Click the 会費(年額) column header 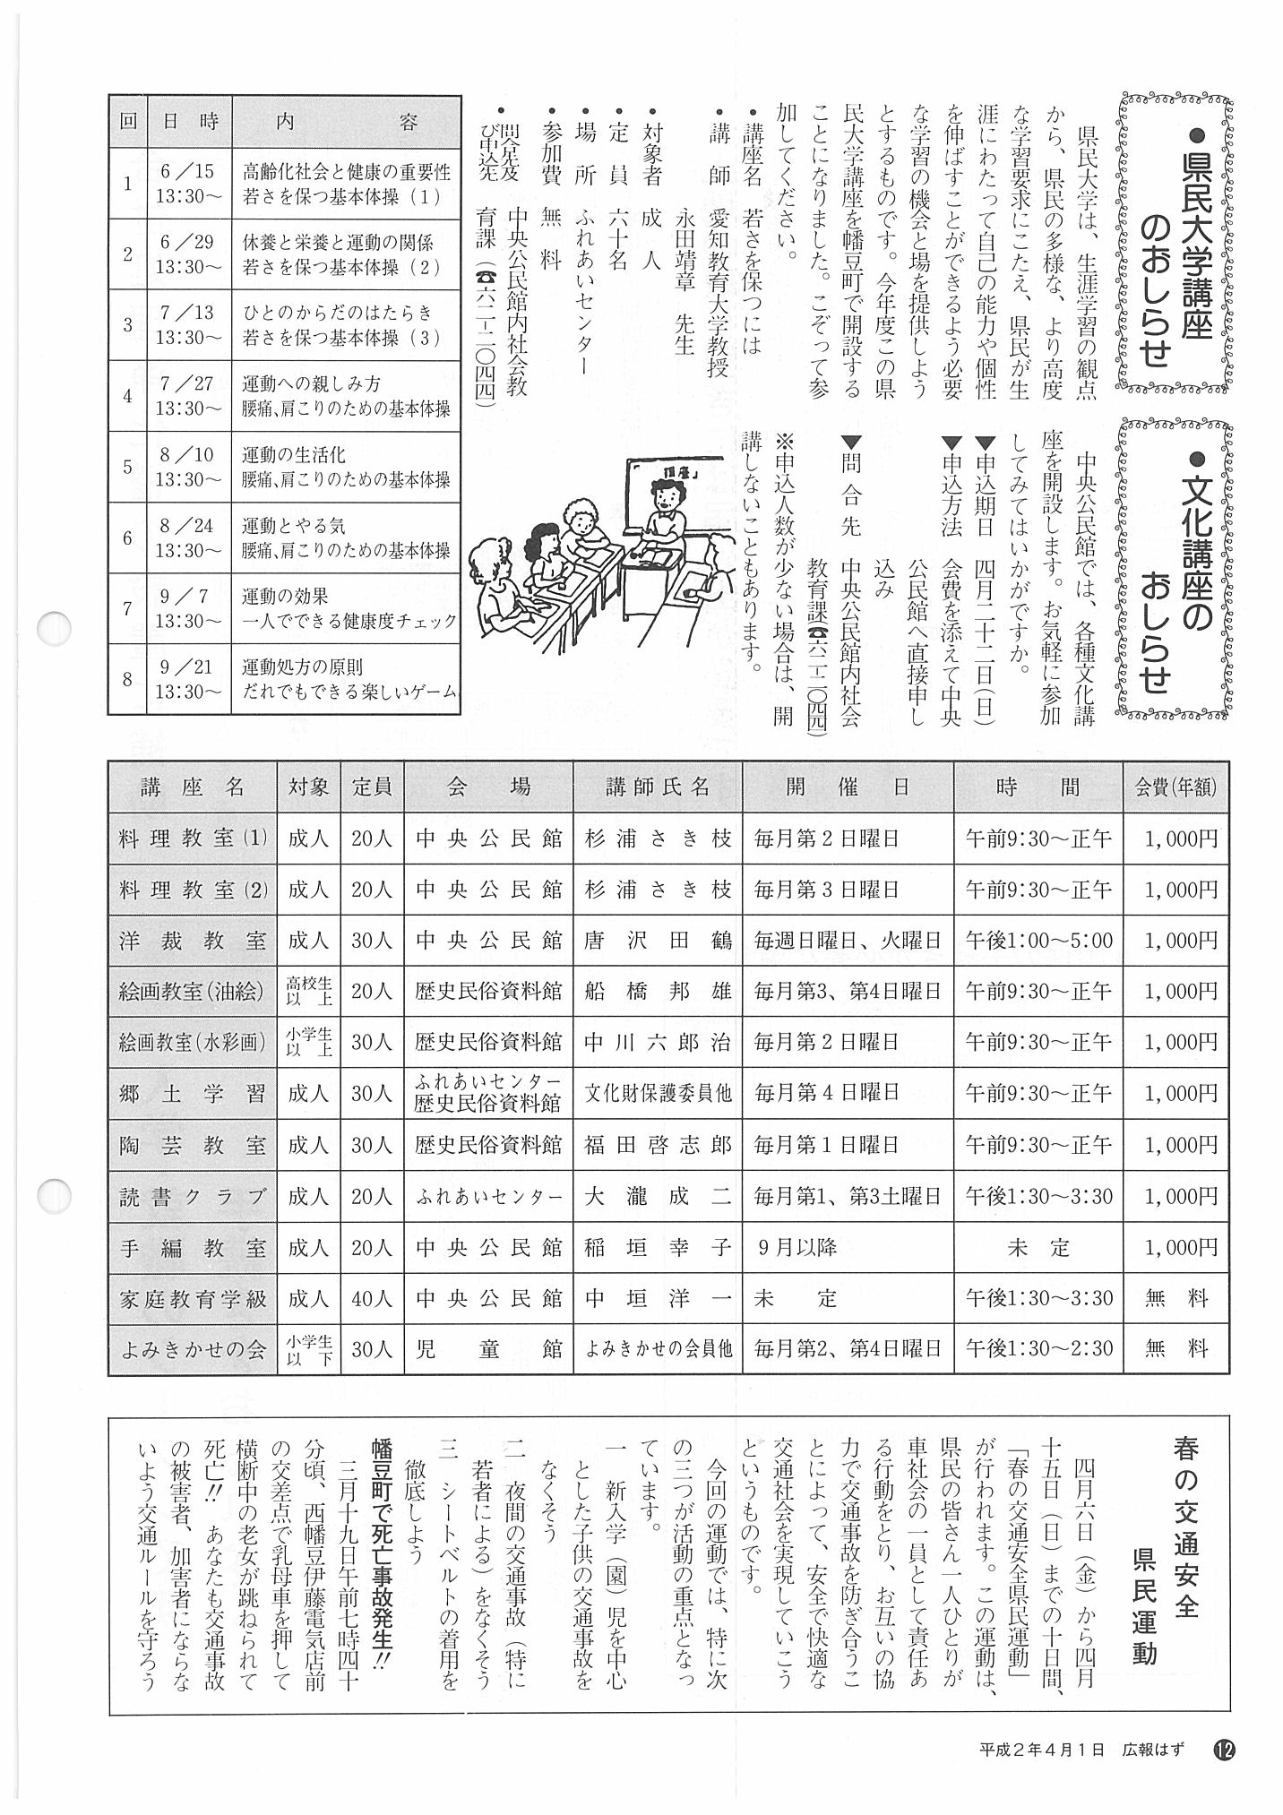[1175, 787]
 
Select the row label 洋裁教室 [193, 941]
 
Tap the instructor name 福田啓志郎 [658, 1145]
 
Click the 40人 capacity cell [371, 1298]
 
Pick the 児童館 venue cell [488, 1349]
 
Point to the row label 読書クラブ [193, 1196]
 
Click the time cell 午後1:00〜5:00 [1038, 941]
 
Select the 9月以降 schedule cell [797, 1247]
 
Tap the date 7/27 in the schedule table [186, 384]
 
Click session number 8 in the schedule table [127, 679]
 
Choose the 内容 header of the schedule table [346, 122]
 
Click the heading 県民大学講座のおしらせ [1175, 244]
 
